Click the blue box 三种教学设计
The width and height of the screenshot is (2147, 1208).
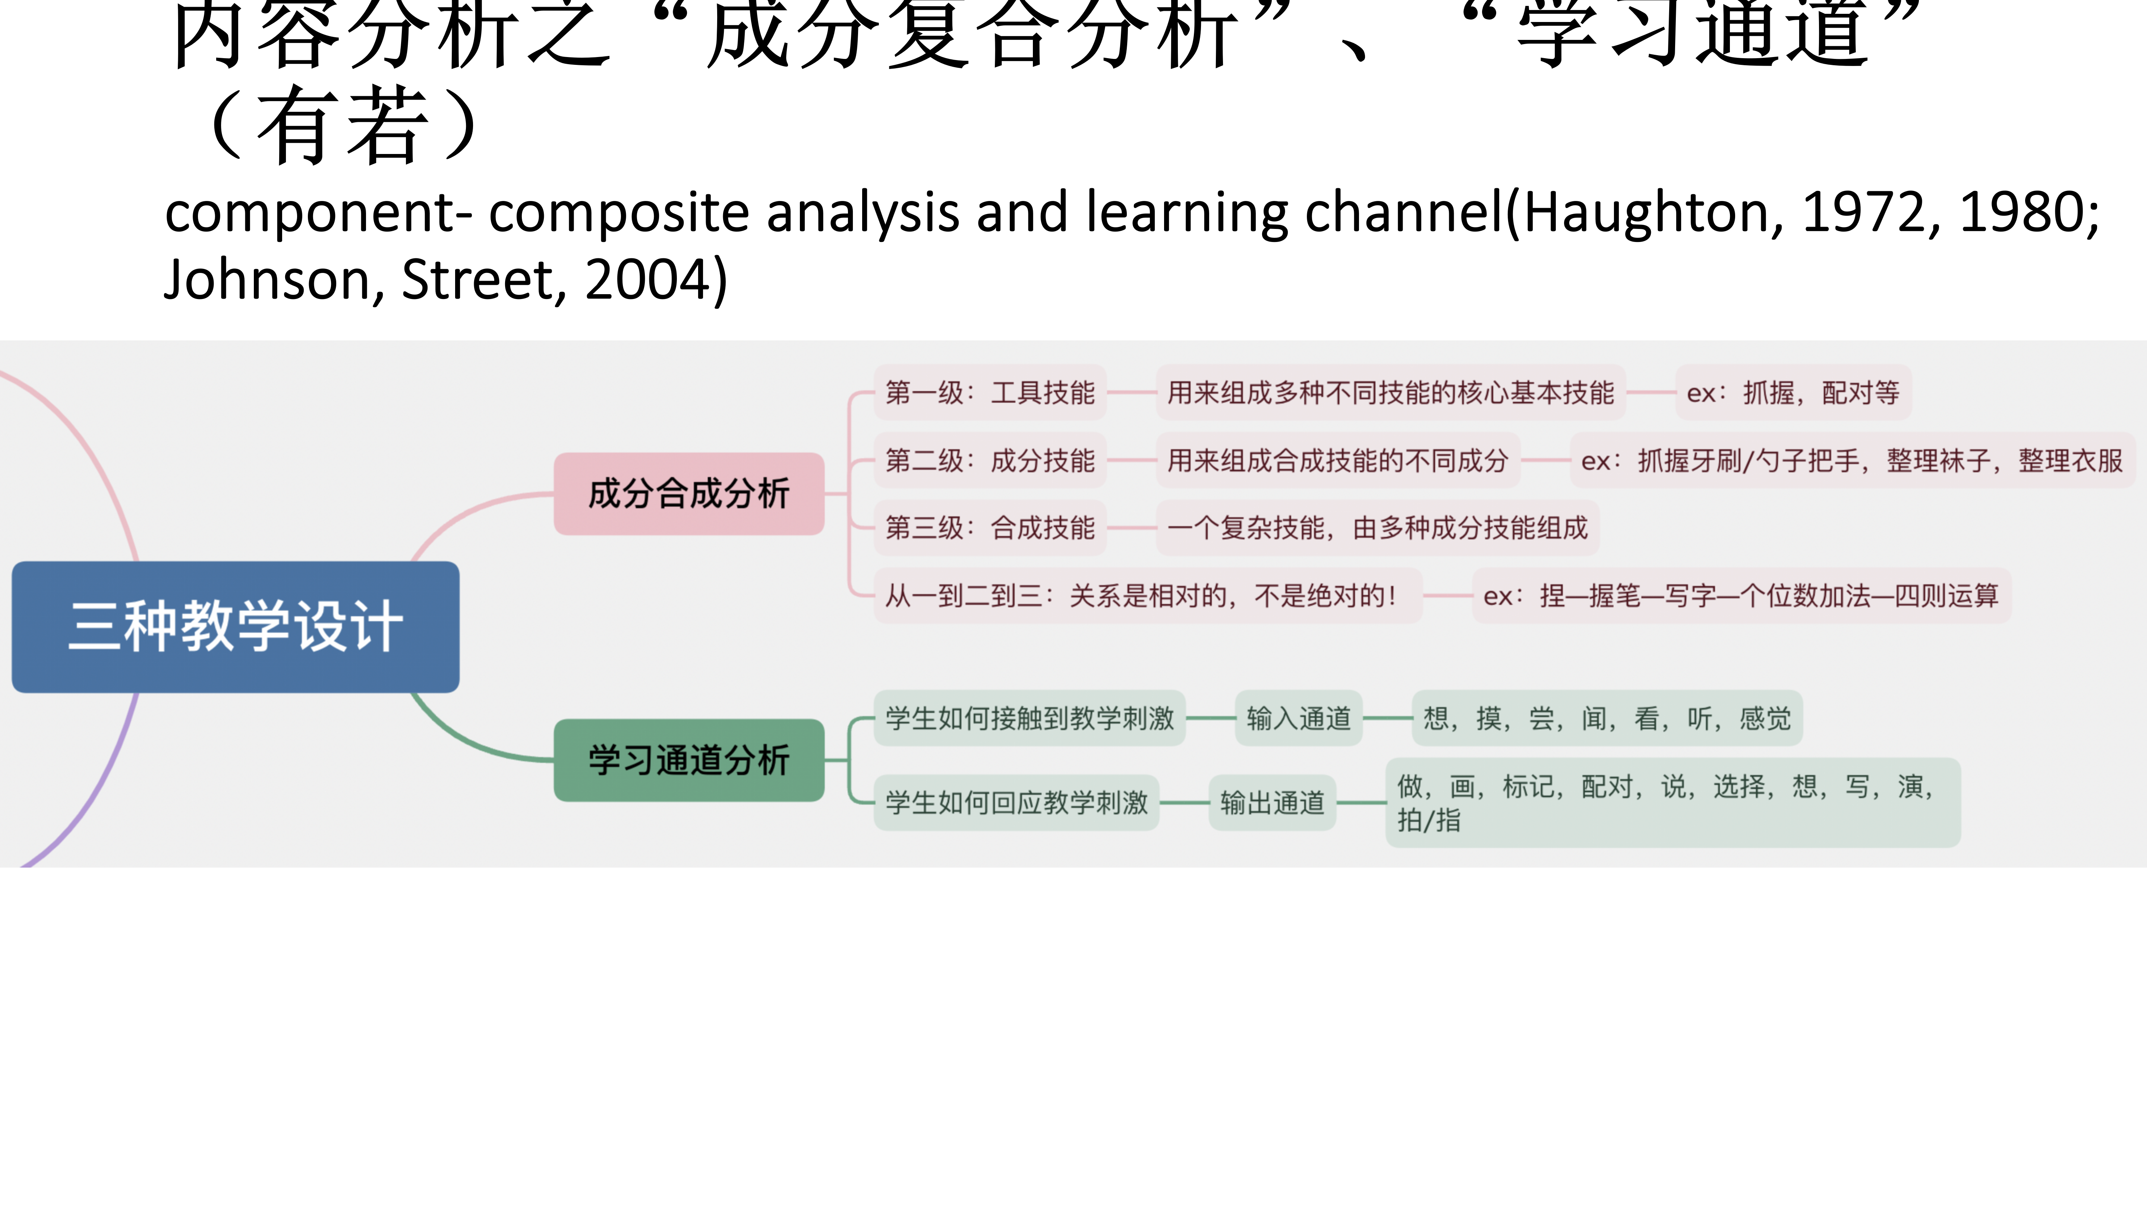click(235, 627)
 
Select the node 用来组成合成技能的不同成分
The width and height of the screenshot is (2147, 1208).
click(1338, 460)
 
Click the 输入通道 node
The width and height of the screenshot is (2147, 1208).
click(1299, 718)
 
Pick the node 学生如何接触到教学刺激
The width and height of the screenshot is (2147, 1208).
click(1029, 718)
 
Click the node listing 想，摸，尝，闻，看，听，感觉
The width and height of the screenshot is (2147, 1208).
click(1607, 718)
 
